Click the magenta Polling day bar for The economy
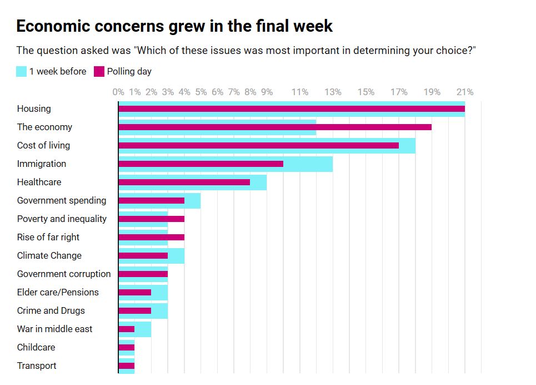[x=275, y=127]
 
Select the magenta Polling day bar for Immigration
[x=201, y=164]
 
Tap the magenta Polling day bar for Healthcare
[x=184, y=182]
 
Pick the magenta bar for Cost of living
[x=258, y=145]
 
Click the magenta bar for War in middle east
[x=127, y=329]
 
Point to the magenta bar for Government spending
[x=151, y=200]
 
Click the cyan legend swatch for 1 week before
[x=22, y=71]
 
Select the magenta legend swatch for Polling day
[x=99, y=71]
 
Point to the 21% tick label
[x=465, y=92]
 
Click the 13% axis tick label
[x=333, y=92]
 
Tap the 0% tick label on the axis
[x=118, y=92]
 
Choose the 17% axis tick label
[x=399, y=92]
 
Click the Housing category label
[x=34, y=108]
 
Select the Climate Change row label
[x=49, y=255]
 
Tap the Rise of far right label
[x=48, y=237]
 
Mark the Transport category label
[x=37, y=366]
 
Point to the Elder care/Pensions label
[x=58, y=292]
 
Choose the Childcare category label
[x=36, y=347]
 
